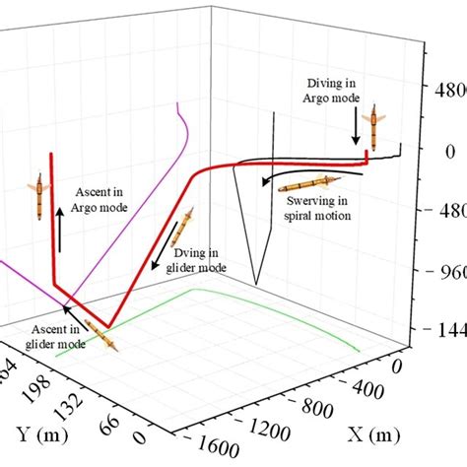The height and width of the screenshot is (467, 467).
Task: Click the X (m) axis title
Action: (375, 434)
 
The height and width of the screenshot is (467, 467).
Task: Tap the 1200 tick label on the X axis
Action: (260, 430)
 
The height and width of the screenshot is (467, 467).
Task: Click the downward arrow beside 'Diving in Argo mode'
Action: (354, 126)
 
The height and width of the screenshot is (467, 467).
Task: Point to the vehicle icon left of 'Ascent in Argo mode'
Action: (38, 196)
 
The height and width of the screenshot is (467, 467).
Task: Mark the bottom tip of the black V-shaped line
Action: (252, 283)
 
